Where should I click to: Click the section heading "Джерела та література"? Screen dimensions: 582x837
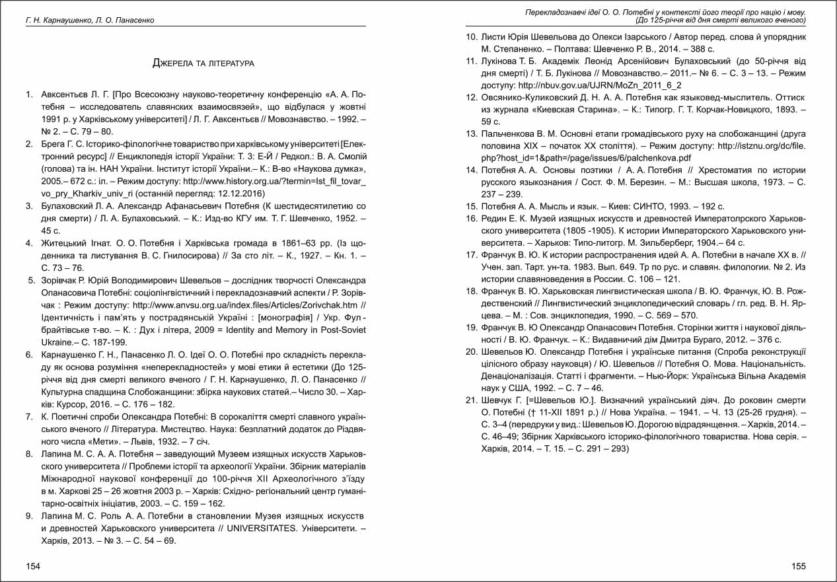pos(203,63)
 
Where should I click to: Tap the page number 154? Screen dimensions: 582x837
pos(32,566)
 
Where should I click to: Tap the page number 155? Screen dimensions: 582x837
pos(798,566)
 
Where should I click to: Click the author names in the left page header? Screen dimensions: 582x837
pos(90,20)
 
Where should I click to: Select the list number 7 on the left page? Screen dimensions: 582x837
pos(30,417)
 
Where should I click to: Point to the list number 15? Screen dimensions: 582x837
pos(472,207)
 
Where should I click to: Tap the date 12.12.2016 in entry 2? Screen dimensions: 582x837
pos(233,194)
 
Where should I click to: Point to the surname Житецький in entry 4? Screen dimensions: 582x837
pos(64,242)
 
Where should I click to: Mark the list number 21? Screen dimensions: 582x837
pos(472,401)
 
